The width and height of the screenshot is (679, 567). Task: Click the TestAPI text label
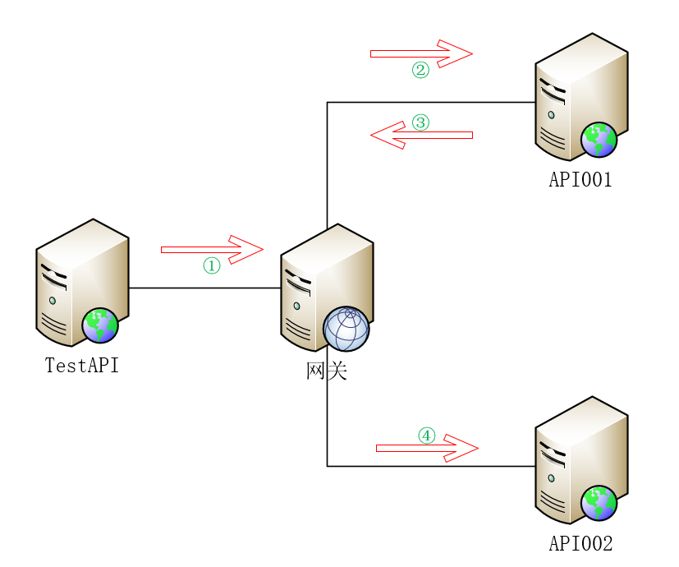[82, 366]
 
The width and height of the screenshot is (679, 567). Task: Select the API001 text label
[580, 179]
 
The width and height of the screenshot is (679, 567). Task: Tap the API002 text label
[580, 543]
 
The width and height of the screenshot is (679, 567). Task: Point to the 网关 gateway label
[327, 371]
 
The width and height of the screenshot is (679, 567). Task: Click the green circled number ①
[212, 265]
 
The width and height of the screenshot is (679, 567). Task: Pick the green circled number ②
[420, 70]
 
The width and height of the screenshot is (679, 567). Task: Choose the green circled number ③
[420, 122]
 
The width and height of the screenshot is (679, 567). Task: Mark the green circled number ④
[427, 436]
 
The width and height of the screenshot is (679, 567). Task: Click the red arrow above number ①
[212, 250]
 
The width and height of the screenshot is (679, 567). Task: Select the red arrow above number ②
[421, 53]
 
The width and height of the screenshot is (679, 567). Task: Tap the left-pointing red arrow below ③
[421, 136]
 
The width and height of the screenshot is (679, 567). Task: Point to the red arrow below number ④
[427, 448]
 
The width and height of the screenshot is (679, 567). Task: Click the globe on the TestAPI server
[100, 325]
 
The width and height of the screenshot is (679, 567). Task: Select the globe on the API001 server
[599, 140]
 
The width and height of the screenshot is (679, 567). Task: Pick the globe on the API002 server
[599, 503]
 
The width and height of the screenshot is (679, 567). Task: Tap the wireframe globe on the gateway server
[346, 329]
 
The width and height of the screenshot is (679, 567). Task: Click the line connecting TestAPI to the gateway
[204, 288]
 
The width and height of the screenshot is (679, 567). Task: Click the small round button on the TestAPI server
[53, 301]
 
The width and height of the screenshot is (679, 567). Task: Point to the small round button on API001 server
[551, 115]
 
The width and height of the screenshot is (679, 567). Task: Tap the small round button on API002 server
[551, 478]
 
